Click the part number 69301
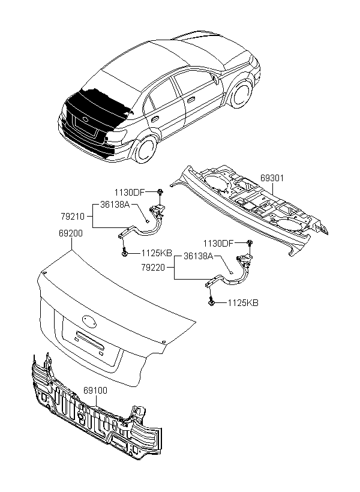tap(272, 178)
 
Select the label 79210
tap(73, 216)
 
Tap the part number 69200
tap(71, 233)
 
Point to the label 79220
tap(153, 268)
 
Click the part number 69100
tap(95, 391)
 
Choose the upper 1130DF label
tap(130, 193)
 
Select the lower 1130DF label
tap(218, 243)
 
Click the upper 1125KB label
tap(157, 253)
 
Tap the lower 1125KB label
tap(243, 303)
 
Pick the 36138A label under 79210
tap(115, 204)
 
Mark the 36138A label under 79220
tap(199, 256)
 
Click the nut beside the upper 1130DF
tap(160, 191)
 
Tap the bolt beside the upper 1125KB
tap(125, 251)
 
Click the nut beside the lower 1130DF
tap(250, 242)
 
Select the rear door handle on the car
tap(155, 119)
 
